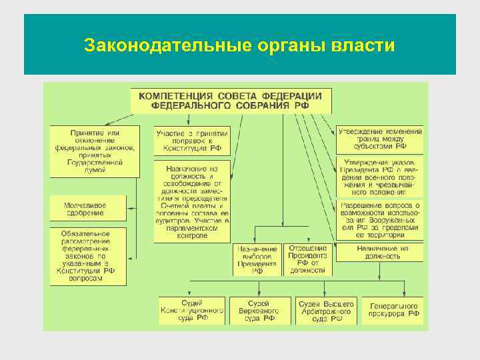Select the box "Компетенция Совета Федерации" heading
230,101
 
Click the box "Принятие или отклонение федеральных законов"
95,151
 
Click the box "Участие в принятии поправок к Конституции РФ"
192,141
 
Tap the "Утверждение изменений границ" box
379,138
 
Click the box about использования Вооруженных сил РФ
379,219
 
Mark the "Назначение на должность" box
379,252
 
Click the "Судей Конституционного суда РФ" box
192,311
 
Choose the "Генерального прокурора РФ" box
395,311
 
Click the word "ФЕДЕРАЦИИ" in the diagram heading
292,96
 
